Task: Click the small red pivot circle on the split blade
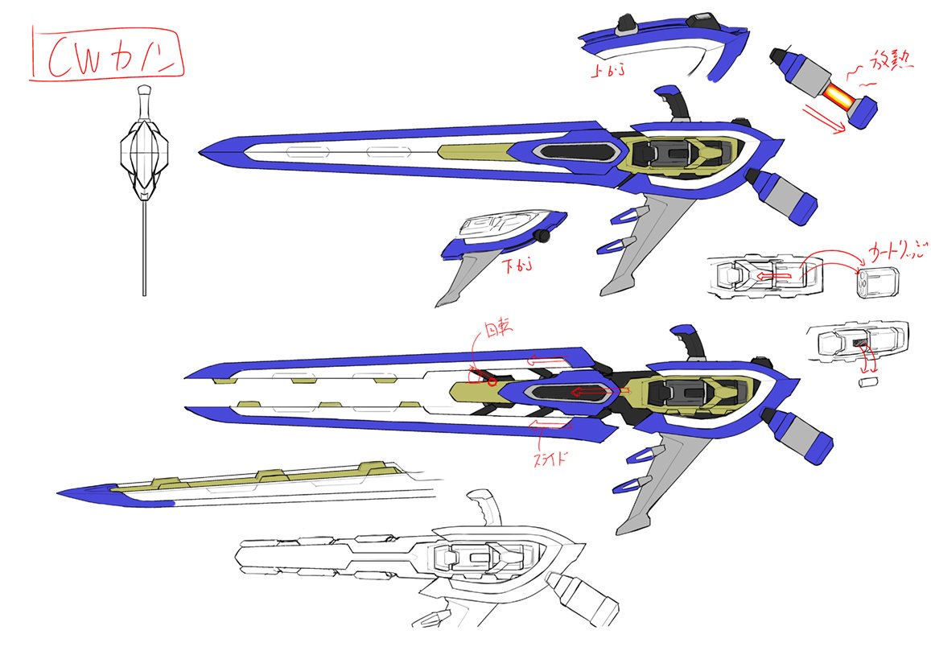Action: pyautogui.click(x=492, y=380)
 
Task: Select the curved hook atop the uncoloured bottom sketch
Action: pyautogui.click(x=484, y=507)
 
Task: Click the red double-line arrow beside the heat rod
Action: pyautogui.click(x=826, y=117)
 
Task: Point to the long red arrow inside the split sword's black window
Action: pyautogui.click(x=595, y=392)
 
